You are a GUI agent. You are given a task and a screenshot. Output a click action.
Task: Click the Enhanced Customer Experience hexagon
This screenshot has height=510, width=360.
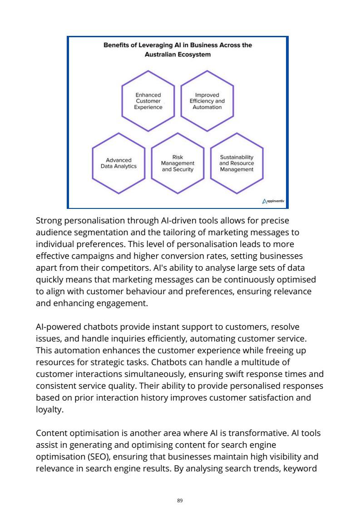148,101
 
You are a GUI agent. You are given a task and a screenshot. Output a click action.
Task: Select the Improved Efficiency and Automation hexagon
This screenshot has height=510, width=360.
207,101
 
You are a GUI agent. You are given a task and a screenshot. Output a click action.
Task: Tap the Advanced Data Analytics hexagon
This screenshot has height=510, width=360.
118,163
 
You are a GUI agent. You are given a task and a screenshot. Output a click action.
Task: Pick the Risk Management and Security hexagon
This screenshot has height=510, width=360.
178,163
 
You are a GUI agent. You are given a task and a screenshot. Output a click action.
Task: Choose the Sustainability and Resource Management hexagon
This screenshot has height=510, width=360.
237,163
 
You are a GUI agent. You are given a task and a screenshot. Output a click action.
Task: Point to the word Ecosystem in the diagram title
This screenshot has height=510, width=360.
197,54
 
